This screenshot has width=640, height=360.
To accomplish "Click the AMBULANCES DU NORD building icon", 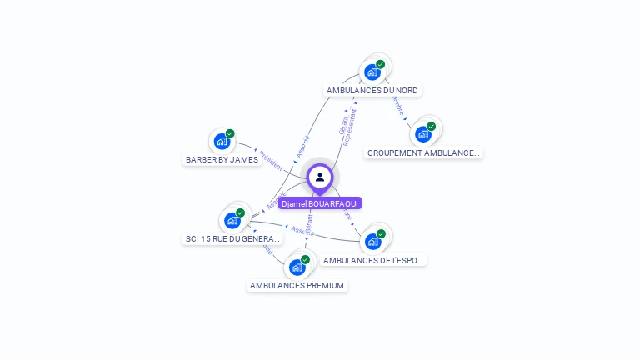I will point(372,72).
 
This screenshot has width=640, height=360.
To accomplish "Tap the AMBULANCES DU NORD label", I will point(372,90).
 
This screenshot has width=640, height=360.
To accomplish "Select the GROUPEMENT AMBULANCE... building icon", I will point(423,134).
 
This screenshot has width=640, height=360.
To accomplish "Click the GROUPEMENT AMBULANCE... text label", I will point(424,152).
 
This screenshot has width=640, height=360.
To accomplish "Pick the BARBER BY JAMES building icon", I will point(222,141).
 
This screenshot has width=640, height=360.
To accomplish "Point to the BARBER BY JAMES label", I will point(222,159).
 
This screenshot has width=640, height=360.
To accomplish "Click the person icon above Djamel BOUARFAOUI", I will point(320,177).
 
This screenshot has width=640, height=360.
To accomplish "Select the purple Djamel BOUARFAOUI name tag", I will point(320,203).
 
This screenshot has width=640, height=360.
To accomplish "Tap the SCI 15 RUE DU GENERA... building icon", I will point(232,221).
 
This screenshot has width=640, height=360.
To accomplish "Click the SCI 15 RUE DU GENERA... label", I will point(232,239).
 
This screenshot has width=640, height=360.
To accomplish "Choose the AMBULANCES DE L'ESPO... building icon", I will point(372,242).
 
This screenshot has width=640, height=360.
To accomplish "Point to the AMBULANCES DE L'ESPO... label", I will point(374,260).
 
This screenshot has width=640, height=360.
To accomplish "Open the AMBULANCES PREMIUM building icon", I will point(297,267).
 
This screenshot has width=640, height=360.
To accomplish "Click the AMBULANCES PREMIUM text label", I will point(297,285).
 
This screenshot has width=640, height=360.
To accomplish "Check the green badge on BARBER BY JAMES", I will point(230,133).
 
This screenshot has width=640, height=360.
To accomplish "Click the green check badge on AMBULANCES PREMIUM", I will point(305,260).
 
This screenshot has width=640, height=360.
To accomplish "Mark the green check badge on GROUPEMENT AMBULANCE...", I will point(431,127).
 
